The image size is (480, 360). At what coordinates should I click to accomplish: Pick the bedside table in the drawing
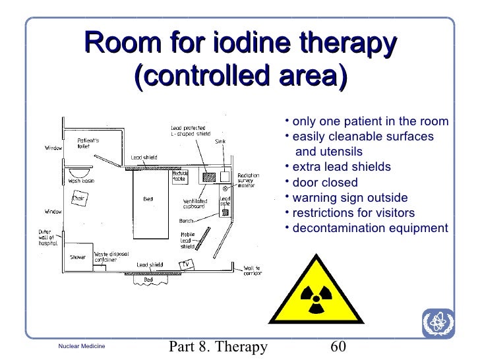click(x=179, y=176)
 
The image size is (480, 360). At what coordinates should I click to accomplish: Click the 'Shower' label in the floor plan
click(x=78, y=257)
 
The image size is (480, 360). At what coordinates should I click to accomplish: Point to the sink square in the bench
click(x=224, y=177)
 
